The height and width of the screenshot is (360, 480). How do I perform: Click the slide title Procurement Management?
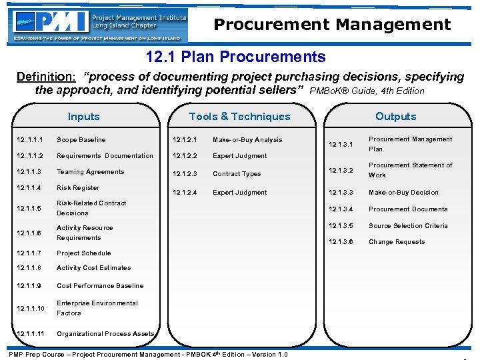pos(332,25)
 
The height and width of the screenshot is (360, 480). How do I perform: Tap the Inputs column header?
pos(83,117)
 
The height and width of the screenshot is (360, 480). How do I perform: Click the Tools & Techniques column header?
pos(239,117)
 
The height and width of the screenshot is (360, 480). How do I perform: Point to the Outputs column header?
pos(395,117)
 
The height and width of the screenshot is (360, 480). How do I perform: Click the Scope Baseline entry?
pos(81,140)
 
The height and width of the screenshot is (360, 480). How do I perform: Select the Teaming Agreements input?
pos(90,172)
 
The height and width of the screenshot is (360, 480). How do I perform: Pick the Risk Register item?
pos(78,188)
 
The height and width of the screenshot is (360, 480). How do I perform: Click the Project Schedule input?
pos(83,253)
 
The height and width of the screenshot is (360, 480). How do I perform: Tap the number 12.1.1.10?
pos(31,308)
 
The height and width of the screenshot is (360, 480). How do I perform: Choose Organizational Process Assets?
pos(105,334)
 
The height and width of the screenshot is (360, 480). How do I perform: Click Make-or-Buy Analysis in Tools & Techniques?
pos(247,140)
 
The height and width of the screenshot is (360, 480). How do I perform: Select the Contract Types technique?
pos(237,174)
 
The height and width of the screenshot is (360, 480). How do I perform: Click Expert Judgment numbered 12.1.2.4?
pos(239,193)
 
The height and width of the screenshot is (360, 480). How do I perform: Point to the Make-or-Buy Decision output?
pos(403,193)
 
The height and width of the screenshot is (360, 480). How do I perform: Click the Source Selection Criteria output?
pos(408,226)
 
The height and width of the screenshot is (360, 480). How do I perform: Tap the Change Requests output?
pos(397,242)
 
